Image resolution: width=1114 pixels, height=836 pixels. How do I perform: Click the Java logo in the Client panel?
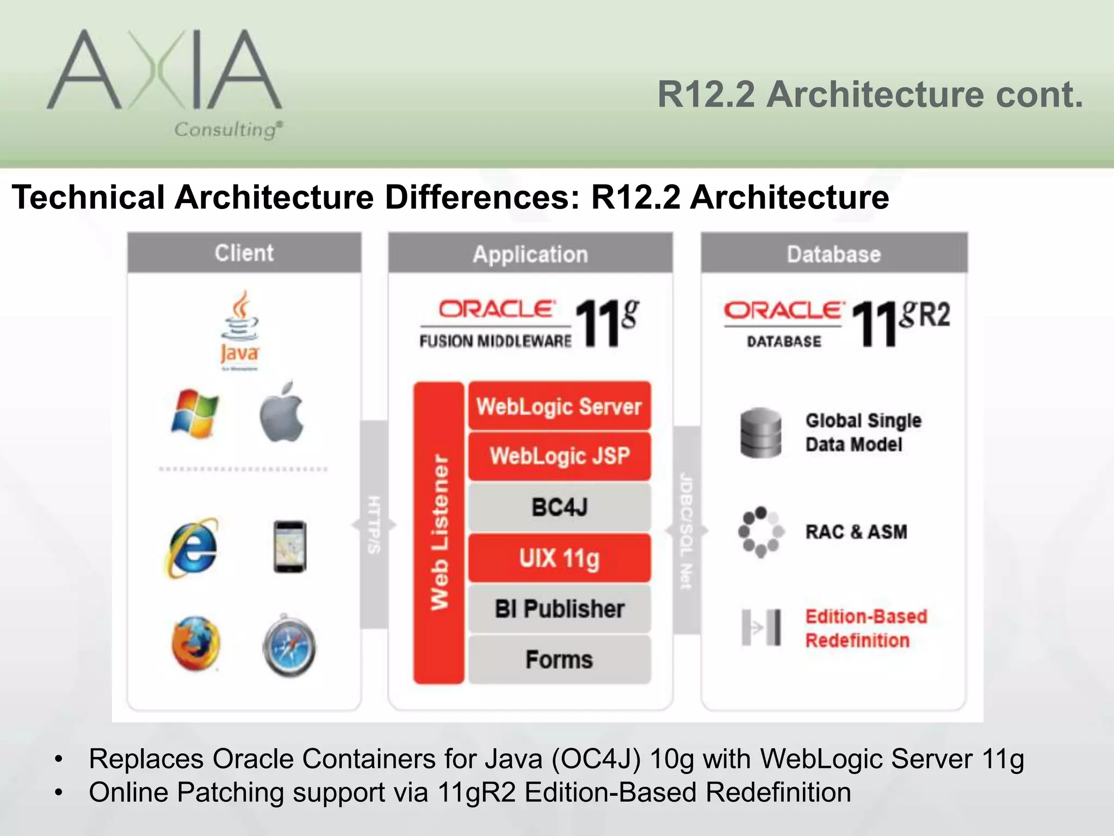pos(240,330)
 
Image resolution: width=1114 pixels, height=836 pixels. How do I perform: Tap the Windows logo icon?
pos(195,413)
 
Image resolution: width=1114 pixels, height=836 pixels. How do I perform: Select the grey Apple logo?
pos(282,412)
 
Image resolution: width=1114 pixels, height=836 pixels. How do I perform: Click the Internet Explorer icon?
pos(192,547)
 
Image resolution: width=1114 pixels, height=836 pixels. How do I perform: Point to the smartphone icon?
pos(289,546)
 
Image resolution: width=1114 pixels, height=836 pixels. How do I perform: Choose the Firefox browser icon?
pos(195,643)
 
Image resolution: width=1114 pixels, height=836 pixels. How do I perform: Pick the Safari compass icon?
pos(289,646)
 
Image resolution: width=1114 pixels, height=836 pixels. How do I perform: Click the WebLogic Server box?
pos(559,407)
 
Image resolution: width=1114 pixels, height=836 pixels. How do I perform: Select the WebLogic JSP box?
pos(559,456)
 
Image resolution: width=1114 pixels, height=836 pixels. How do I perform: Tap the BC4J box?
pos(559,507)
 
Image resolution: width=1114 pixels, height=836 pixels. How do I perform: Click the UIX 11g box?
pos(559,558)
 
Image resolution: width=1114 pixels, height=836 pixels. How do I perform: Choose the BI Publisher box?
pos(559,608)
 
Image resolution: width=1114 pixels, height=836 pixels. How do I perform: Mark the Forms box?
pos(559,659)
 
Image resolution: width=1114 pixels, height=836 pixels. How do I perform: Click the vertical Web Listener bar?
pos(439,532)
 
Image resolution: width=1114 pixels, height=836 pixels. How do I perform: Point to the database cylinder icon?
pos(760,432)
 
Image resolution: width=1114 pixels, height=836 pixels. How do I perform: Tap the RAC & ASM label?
pos(856,532)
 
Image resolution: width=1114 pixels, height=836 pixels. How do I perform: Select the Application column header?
pos(530,254)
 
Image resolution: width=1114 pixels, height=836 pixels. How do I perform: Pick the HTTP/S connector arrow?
pos(374,525)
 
